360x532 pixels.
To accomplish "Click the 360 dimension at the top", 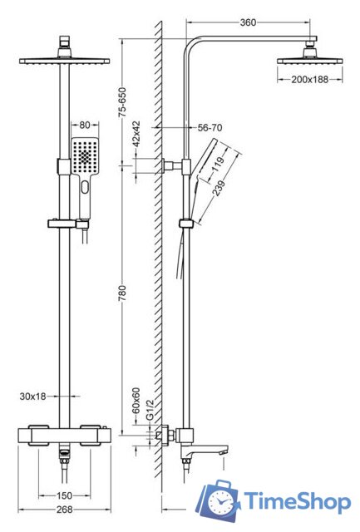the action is click(248, 22).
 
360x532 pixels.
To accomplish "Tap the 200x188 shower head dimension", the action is click(310, 80).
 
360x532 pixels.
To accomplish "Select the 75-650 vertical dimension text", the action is click(122, 102).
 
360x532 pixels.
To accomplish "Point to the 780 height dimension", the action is click(122, 293).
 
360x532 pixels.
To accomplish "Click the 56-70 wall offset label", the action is click(210, 127).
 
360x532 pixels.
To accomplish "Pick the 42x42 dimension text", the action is click(136, 134).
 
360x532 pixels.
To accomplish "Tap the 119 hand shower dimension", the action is click(217, 165).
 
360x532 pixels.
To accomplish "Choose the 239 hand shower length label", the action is click(219, 188).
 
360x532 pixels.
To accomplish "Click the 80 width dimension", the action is click(85, 125).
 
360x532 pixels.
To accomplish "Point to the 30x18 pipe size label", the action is click(32, 396).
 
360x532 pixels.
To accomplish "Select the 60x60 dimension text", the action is click(136, 401).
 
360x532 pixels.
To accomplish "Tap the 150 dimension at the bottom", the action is click(64, 495).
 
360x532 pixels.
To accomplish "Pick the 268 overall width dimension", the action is click(64, 510).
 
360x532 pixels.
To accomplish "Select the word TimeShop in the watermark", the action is click(297, 501).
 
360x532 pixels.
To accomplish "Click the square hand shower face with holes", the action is click(85, 155).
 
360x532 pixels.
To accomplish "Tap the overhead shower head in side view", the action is click(310, 56).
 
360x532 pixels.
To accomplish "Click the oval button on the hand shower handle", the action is click(85, 187).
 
